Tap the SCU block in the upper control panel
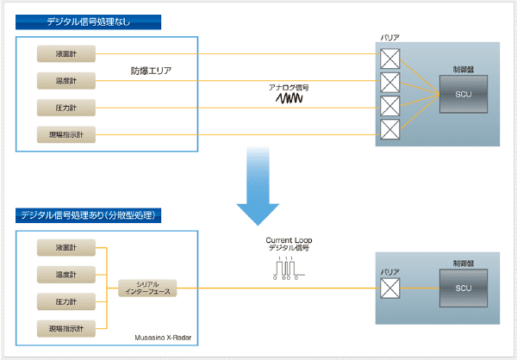click(463, 93)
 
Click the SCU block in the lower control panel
click(463, 288)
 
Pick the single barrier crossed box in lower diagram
click(390, 289)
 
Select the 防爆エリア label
click(152, 71)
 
